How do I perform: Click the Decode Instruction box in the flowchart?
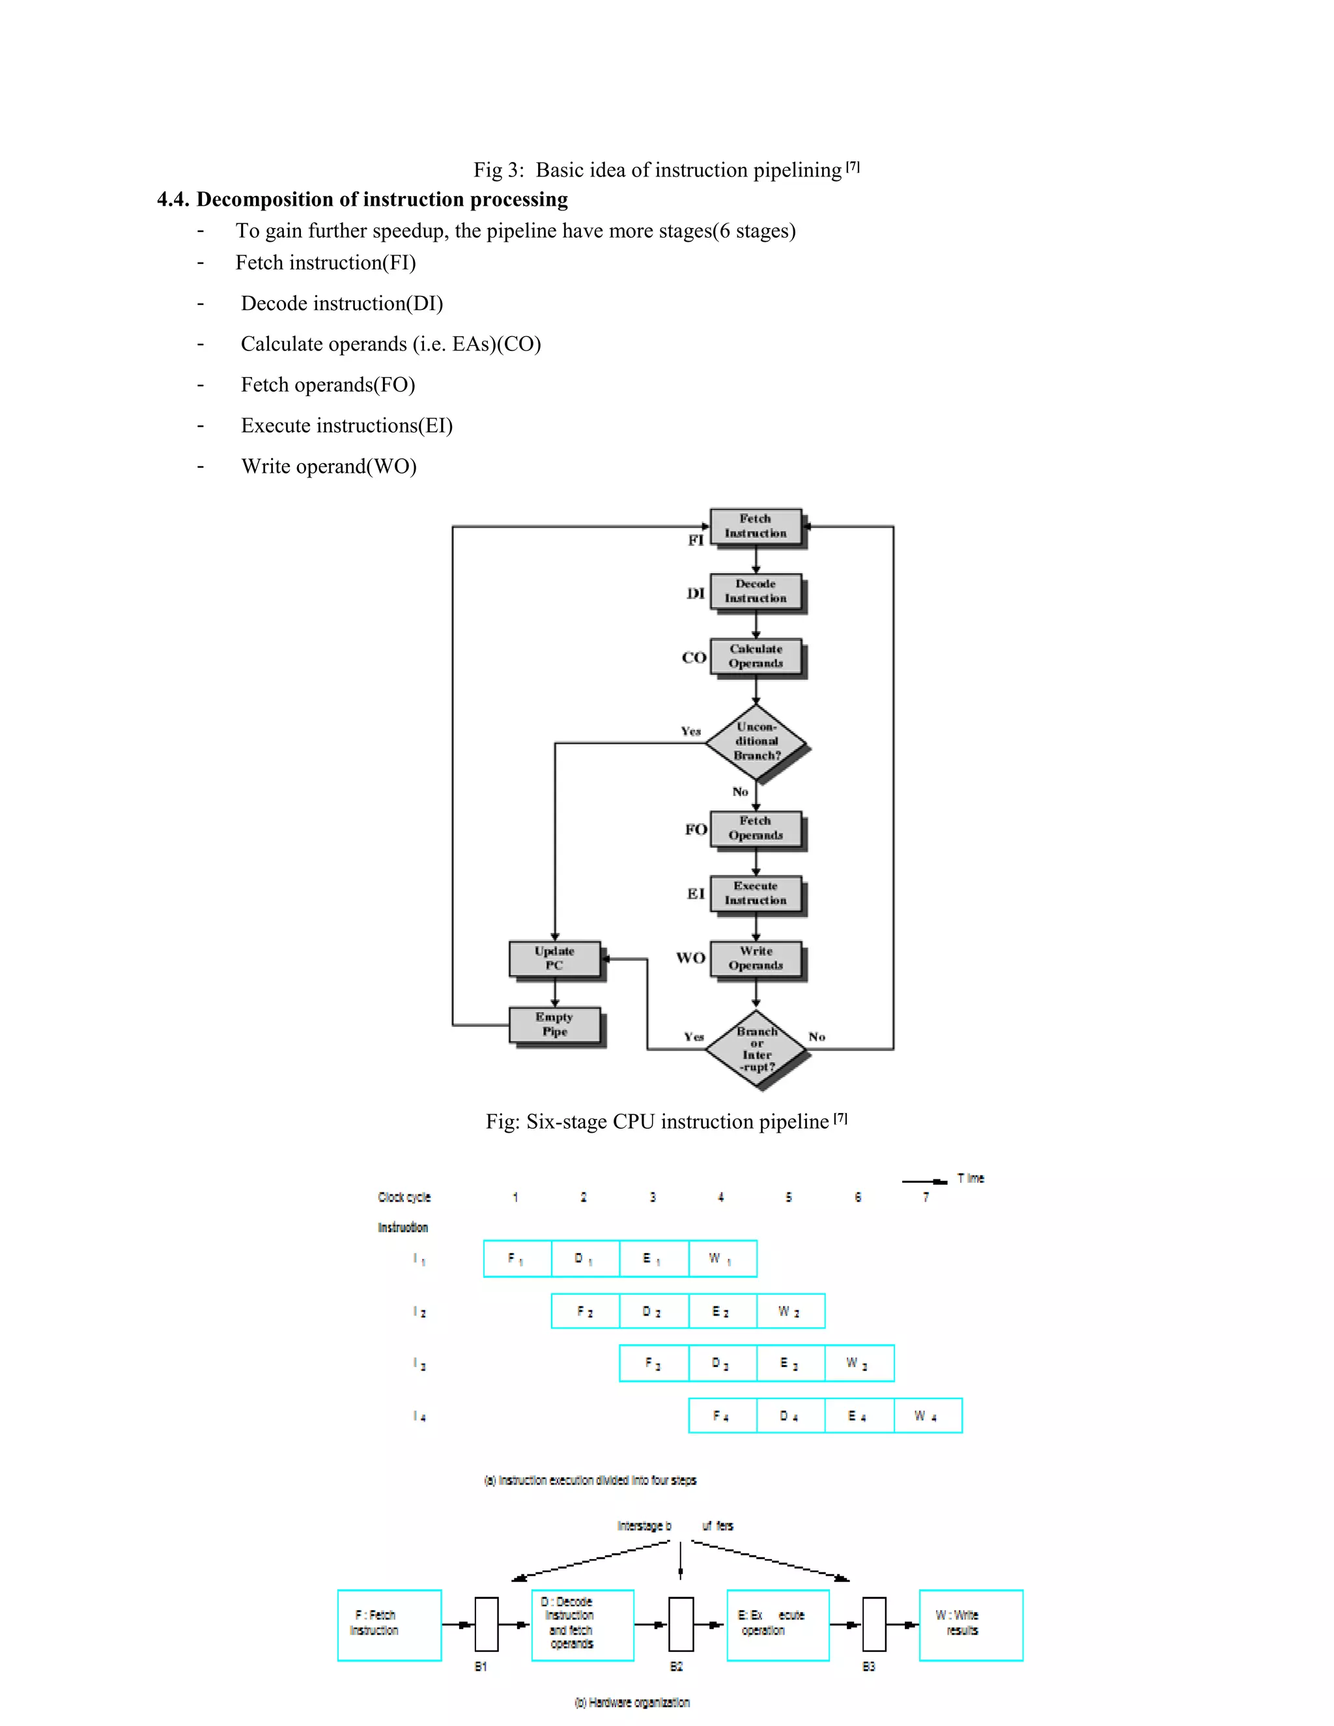point(756,592)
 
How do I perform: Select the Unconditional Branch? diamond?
point(756,741)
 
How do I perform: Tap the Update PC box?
point(555,959)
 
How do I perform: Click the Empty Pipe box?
point(555,1025)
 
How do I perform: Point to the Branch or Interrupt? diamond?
point(756,1049)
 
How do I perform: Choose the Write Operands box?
point(756,959)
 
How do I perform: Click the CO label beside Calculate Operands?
point(694,658)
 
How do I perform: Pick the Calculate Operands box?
point(756,657)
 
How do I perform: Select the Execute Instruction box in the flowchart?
point(756,894)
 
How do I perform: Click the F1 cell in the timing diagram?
point(517,1259)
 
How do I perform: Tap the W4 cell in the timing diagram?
point(927,1416)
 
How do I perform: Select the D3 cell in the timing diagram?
point(722,1363)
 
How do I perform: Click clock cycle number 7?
point(926,1197)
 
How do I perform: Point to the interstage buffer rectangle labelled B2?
point(681,1625)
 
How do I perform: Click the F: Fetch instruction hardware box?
point(389,1625)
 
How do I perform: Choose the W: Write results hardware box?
point(971,1625)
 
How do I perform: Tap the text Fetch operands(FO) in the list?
point(328,385)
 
